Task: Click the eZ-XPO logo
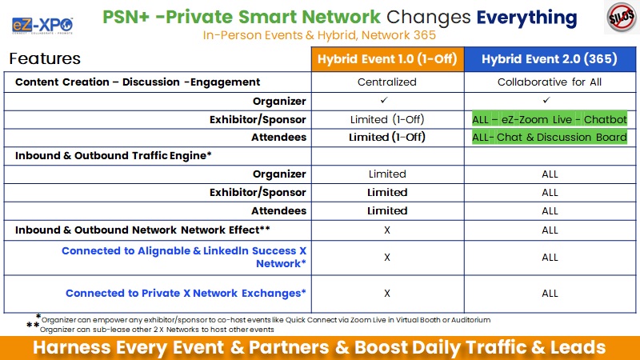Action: pos(42,26)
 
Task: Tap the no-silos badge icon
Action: pos(622,17)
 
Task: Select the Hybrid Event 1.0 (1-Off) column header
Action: pos(387,59)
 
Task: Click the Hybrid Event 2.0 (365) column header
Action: pos(550,59)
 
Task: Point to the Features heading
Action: pos(45,58)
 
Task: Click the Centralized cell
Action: pos(387,82)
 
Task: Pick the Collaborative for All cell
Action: pos(550,82)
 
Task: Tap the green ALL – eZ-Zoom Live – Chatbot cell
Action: pos(550,119)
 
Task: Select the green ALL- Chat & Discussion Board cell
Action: pos(550,137)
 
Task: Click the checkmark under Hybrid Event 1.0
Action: pos(384,100)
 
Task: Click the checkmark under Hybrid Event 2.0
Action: pos(546,100)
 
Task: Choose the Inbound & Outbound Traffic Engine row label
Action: pos(113,155)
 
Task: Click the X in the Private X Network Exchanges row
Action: pos(387,293)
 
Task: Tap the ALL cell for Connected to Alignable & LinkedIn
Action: pos(550,258)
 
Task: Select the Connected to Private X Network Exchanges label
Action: pos(186,293)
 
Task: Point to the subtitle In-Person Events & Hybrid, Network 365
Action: pos(319,35)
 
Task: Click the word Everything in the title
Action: pos(526,18)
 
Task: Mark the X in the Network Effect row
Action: pos(387,230)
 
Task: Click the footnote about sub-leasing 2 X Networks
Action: pos(157,330)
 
